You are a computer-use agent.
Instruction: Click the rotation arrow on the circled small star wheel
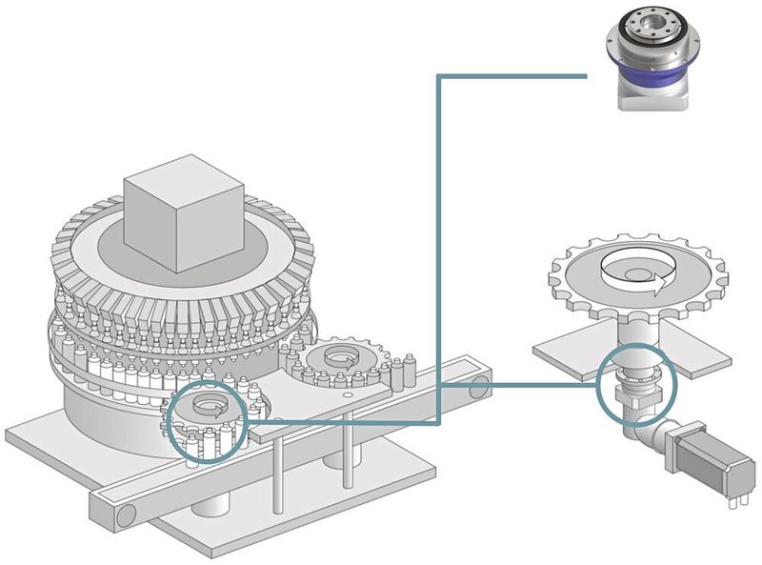(x=207, y=408)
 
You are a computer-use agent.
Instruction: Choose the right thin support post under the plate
(x=349, y=447)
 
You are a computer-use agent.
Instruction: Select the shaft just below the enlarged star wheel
(x=636, y=333)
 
